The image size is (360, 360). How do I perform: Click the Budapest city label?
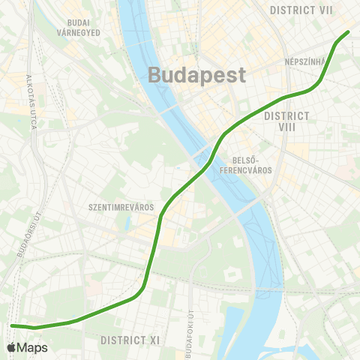pyautogui.click(x=197, y=75)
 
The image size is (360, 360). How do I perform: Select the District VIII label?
pyautogui.click(x=286, y=121)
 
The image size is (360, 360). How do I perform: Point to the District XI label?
pyautogui.click(x=130, y=340)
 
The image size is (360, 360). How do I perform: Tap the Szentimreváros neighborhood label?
pyautogui.click(x=121, y=207)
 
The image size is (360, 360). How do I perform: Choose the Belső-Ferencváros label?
pyautogui.click(x=252, y=165)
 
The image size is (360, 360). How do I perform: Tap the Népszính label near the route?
pyautogui.click(x=304, y=61)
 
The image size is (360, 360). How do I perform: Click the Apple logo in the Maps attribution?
pyautogui.click(x=11, y=348)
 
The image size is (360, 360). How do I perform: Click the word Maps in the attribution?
pyautogui.click(x=32, y=348)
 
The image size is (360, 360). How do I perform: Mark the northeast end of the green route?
pyautogui.click(x=349, y=32)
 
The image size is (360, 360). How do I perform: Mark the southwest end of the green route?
pyautogui.click(x=12, y=325)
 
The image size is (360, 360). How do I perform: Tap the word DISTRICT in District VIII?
pyautogui.click(x=286, y=115)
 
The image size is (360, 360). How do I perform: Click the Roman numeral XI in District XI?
pyautogui.click(x=154, y=340)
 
